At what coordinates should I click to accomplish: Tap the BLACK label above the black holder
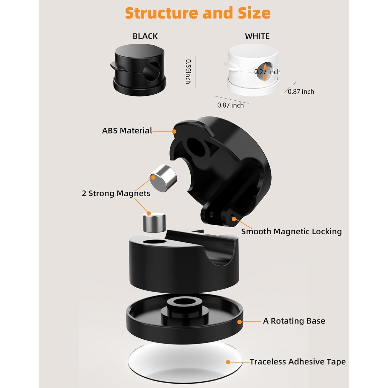[145, 36]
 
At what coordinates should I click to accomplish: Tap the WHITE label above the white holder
[257, 36]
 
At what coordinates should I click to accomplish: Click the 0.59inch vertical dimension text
[188, 72]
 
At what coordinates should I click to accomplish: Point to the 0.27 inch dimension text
[267, 72]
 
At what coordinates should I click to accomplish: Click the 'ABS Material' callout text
[127, 131]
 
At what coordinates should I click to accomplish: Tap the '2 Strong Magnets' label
[116, 193]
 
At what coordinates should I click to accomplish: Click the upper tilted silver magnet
[163, 178]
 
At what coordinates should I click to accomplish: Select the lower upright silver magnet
[154, 222]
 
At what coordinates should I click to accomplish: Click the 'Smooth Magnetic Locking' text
[291, 232]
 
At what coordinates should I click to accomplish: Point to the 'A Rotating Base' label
[294, 321]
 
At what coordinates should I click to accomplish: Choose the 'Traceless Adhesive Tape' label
[297, 362]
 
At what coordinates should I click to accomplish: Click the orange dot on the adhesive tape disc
[228, 362]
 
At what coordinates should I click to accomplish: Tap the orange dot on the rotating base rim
[240, 322]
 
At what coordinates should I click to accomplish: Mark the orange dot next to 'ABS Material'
[174, 131]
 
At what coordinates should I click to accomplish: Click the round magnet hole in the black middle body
[154, 242]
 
